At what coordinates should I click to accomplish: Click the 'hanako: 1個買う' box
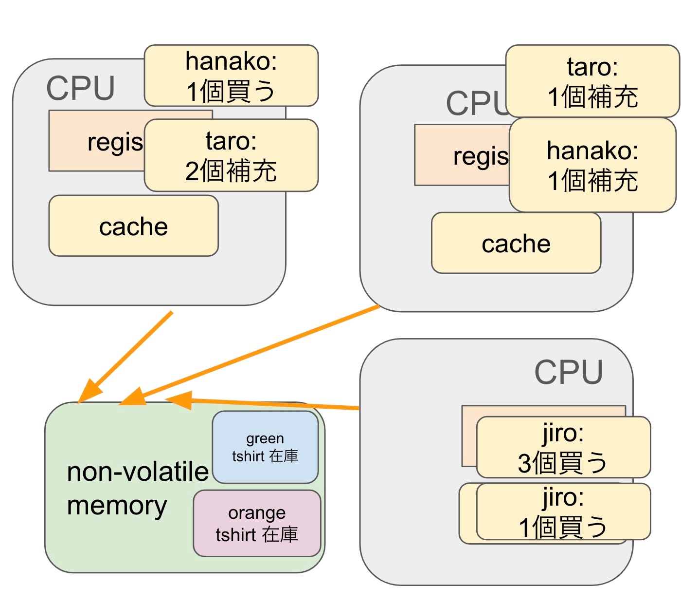(231, 76)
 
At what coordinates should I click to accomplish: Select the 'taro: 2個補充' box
(231, 155)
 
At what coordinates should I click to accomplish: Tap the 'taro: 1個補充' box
(592, 81)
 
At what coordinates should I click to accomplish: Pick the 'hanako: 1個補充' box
(592, 165)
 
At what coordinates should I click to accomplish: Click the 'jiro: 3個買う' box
(563, 447)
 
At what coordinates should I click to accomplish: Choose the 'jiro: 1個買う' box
(563, 511)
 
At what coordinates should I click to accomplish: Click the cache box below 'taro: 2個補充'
(133, 226)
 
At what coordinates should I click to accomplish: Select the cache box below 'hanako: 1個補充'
(516, 243)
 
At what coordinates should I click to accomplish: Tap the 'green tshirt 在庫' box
(265, 447)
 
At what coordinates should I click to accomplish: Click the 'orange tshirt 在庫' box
(257, 524)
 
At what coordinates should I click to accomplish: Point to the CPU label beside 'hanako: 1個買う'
(80, 89)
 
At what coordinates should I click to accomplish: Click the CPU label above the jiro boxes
(568, 373)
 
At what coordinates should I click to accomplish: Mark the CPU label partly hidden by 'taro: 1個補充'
(476, 103)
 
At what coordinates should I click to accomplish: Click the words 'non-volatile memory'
(137, 488)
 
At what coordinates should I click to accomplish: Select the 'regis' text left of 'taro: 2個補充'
(115, 142)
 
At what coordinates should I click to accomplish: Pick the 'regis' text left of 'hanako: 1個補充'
(481, 156)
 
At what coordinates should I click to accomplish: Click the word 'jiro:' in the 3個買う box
(563, 433)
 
